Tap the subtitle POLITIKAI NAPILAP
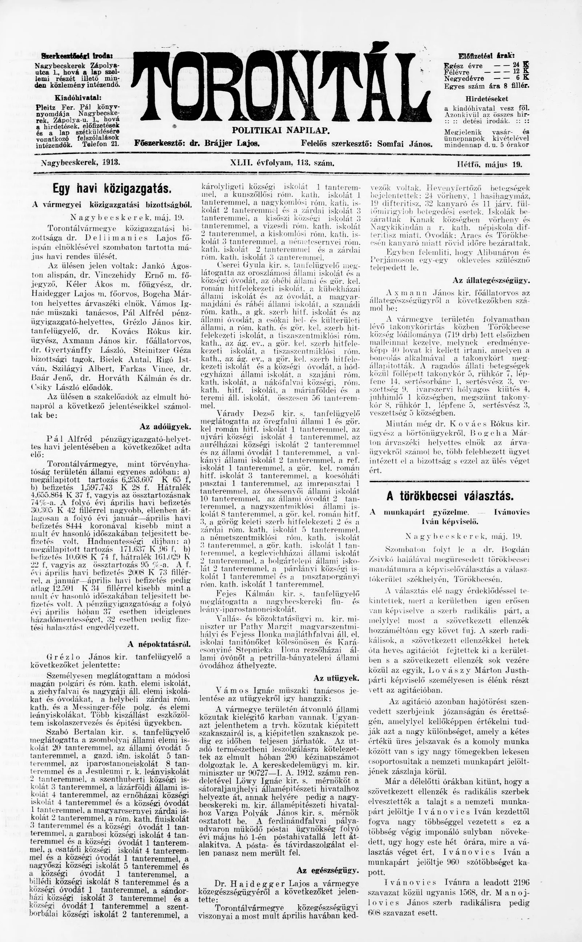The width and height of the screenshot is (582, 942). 280,131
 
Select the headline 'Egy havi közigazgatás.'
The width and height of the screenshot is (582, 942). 112,189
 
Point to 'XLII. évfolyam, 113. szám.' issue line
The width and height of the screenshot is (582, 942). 282,163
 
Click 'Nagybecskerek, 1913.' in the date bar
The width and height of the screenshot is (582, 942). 80,162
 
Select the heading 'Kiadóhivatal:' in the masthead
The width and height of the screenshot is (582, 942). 72,97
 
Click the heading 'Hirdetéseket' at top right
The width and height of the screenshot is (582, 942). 487,99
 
